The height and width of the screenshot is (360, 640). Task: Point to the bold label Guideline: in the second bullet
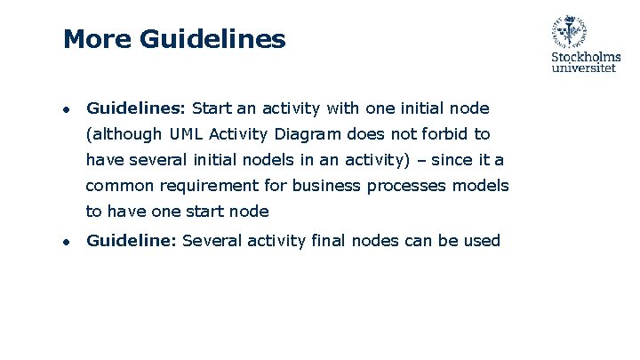tap(131, 240)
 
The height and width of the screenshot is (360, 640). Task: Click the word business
tap(333, 186)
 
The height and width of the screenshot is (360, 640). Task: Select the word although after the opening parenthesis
tap(127, 134)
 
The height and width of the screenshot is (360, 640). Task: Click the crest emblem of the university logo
tap(569, 32)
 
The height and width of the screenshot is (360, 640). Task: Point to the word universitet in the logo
tap(584, 68)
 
